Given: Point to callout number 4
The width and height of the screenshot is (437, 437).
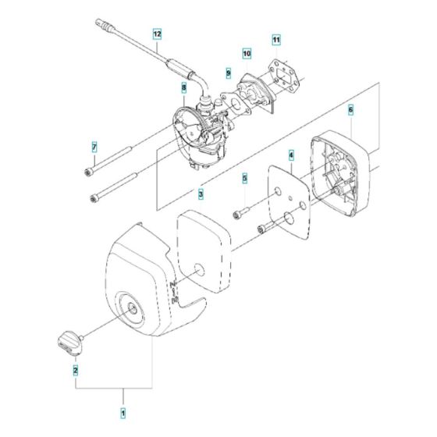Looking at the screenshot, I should (x=291, y=155).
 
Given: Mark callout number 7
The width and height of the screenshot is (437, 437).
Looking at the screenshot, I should (x=94, y=147).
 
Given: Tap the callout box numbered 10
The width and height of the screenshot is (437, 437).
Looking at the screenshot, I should (x=247, y=54).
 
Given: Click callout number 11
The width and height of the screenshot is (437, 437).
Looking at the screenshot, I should (x=275, y=38).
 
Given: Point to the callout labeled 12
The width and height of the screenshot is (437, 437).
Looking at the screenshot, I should (x=157, y=34).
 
